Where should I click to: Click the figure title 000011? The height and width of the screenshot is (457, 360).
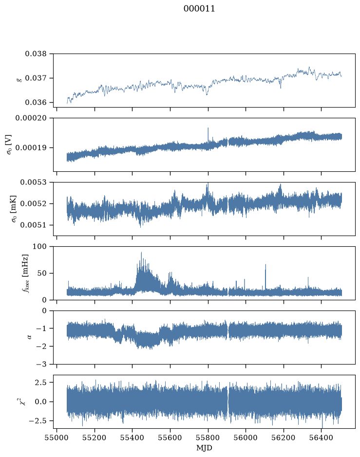(x=199, y=9)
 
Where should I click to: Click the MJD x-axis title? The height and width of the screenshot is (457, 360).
(x=204, y=448)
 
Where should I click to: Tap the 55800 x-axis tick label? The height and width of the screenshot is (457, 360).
(x=208, y=438)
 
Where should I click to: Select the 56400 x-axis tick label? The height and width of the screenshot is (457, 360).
(x=321, y=438)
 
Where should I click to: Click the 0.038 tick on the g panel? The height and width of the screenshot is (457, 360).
(x=36, y=54)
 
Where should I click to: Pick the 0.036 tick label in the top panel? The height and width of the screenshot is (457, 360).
(x=36, y=102)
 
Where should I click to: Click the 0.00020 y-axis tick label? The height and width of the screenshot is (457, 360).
(x=31, y=118)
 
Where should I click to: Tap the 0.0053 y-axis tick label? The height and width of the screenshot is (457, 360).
(x=33, y=182)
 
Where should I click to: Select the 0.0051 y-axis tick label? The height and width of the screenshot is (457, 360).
(x=33, y=225)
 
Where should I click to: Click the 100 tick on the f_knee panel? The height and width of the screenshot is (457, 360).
(x=39, y=247)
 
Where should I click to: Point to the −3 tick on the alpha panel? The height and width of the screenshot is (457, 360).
(x=41, y=364)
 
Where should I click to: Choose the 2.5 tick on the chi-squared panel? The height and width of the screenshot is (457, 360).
(x=40, y=383)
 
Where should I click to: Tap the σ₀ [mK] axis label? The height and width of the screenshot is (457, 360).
(x=14, y=209)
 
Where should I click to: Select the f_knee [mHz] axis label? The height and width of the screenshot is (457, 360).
(x=26, y=273)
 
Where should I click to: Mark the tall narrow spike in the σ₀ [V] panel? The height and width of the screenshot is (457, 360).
(x=208, y=135)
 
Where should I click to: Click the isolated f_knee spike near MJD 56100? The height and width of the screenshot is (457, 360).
(x=265, y=277)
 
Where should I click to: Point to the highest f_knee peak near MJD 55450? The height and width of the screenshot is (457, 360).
(x=141, y=253)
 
